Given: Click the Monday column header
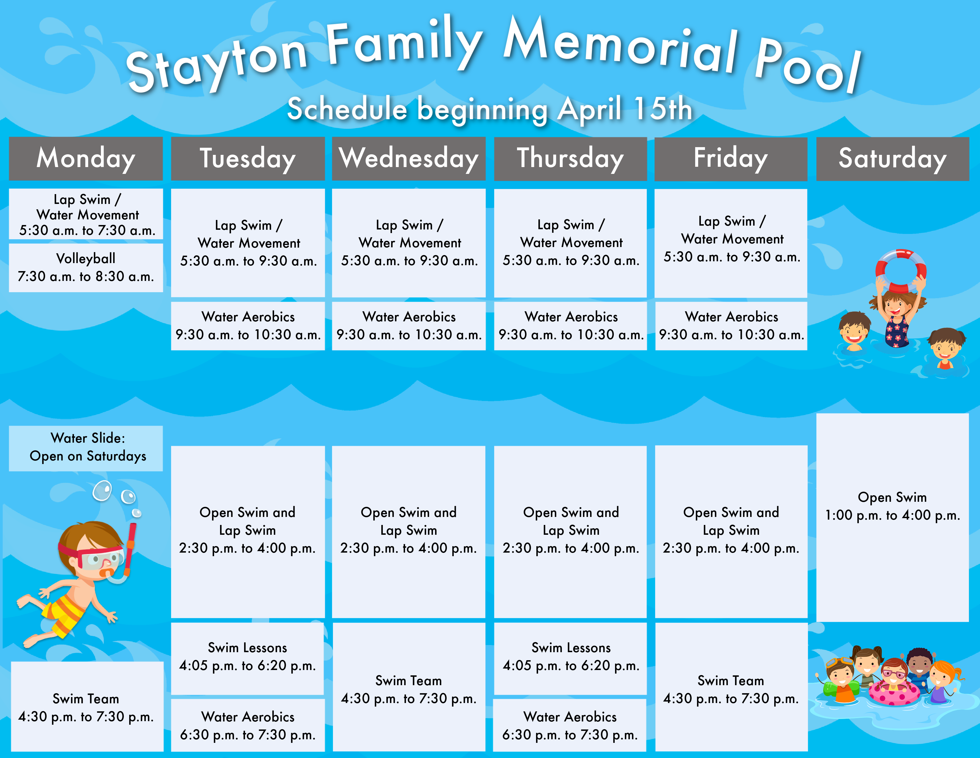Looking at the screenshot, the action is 86,158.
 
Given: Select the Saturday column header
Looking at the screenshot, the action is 892,158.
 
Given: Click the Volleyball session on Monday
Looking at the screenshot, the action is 86,268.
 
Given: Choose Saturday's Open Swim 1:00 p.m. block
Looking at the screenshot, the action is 892,517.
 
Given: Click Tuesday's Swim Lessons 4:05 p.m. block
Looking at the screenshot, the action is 248,658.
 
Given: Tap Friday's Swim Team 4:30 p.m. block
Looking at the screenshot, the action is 731,687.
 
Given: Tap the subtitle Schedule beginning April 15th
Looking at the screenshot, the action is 490,109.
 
